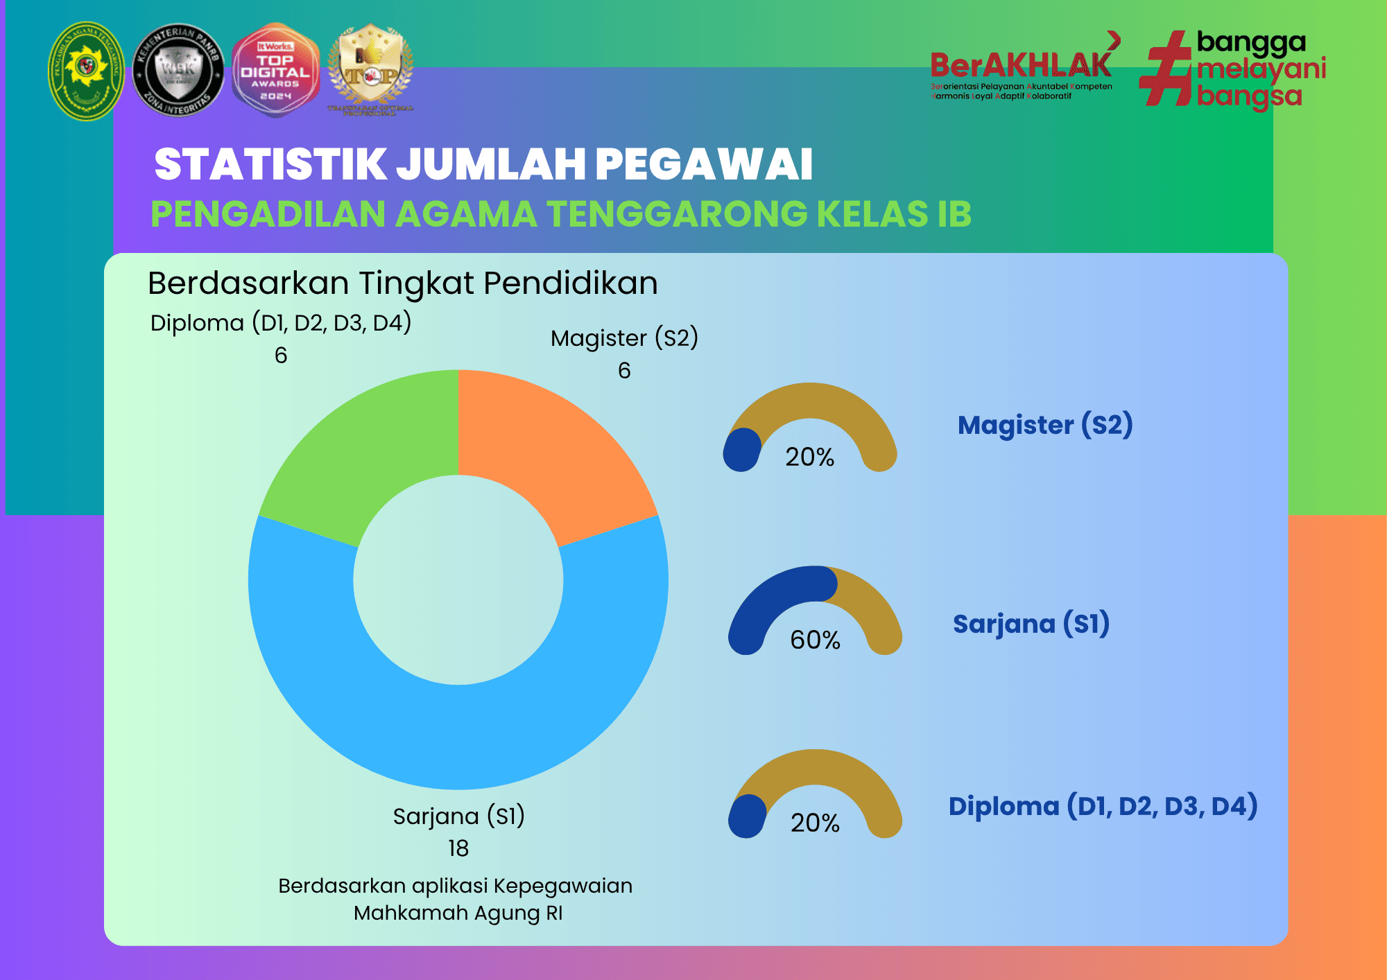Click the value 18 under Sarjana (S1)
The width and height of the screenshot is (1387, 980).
tap(458, 848)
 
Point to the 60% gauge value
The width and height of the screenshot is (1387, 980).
tap(815, 640)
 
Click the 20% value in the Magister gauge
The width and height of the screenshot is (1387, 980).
tap(809, 457)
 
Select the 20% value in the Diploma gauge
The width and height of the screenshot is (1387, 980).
tap(815, 823)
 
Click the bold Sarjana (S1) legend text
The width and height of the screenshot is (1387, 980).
tap(1031, 624)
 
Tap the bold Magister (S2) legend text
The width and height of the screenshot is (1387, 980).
tap(1044, 425)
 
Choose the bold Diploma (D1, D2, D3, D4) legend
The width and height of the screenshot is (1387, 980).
tap(1103, 806)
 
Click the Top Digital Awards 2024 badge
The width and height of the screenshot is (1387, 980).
tap(275, 71)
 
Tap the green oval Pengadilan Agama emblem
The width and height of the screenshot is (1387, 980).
tap(86, 71)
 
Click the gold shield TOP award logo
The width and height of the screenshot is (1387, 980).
tap(370, 69)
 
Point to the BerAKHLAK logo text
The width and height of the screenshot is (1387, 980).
tap(1021, 66)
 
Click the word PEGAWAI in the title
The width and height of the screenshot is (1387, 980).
tap(703, 165)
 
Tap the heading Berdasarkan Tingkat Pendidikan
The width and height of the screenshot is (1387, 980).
tap(402, 283)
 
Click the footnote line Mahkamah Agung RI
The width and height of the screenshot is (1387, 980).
tap(458, 913)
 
